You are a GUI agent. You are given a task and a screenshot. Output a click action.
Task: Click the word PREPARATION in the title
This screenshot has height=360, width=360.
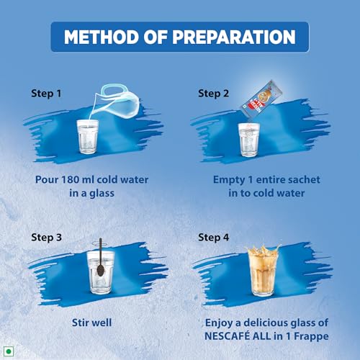click(x=234, y=37)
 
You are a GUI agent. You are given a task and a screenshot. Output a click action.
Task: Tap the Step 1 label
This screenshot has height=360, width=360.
click(x=46, y=94)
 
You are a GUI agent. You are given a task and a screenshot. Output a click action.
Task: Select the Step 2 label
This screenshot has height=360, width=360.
click(x=213, y=94)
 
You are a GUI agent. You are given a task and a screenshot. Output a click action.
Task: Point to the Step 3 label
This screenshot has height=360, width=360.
click(x=46, y=238)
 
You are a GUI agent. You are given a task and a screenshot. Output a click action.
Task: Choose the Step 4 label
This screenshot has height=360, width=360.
click(x=213, y=238)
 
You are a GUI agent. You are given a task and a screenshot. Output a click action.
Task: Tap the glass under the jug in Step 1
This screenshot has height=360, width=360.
click(x=88, y=137)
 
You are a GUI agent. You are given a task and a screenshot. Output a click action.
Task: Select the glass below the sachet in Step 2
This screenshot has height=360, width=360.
click(x=249, y=140)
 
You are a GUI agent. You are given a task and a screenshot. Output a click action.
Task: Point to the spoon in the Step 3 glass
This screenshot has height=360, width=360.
click(x=100, y=257)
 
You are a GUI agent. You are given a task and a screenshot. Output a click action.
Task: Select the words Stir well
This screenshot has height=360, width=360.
click(x=92, y=323)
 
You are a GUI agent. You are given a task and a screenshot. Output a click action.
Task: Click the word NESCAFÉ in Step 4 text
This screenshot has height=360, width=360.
click(x=227, y=336)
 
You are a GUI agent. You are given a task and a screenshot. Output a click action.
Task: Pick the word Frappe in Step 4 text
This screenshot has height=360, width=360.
click(x=312, y=336)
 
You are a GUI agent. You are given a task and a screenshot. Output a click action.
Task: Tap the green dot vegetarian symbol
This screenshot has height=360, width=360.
click(x=9, y=351)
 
